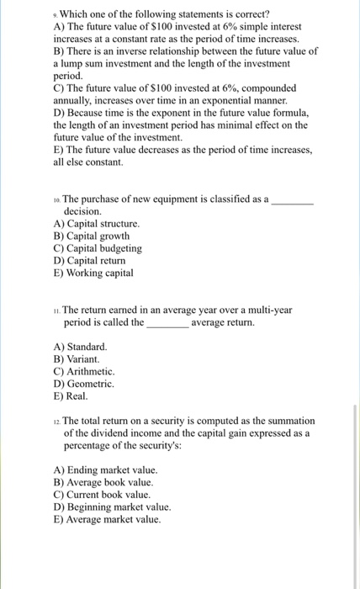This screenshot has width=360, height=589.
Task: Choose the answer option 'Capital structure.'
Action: coord(96,225)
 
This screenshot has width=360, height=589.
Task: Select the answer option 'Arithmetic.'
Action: coord(84,371)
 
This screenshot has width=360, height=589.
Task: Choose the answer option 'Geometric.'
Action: coord(85,383)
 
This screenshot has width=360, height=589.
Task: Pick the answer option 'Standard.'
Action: coord(81,347)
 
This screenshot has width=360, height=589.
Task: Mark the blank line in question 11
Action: coord(167,322)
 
